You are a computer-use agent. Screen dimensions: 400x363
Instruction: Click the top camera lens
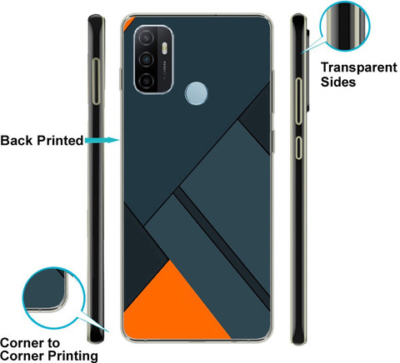(x=146, y=37)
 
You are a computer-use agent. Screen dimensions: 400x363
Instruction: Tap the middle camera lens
(x=146, y=59)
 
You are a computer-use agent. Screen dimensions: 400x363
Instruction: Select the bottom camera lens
(x=146, y=81)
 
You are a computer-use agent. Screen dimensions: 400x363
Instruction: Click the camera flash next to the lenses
(x=164, y=48)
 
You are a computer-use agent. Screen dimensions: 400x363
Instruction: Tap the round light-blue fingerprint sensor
(x=196, y=93)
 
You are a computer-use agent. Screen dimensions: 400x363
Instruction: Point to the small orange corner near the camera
(x=127, y=22)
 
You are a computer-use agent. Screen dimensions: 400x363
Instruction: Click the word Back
(x=17, y=140)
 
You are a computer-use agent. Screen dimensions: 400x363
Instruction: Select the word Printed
(x=60, y=140)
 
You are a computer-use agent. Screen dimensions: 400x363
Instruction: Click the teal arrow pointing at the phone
(x=102, y=140)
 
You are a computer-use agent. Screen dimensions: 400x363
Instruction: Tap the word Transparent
(x=359, y=67)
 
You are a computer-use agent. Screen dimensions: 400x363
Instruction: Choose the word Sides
(x=338, y=82)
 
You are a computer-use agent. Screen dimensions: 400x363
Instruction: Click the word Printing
(x=72, y=356)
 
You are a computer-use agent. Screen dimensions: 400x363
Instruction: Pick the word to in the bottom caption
(x=53, y=343)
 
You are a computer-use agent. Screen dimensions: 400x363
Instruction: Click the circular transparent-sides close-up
(x=344, y=26)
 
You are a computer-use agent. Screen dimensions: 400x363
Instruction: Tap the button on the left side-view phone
(x=96, y=82)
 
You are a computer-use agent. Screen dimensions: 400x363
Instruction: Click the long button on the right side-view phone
(x=298, y=101)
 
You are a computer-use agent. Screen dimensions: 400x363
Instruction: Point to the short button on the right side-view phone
(x=298, y=147)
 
